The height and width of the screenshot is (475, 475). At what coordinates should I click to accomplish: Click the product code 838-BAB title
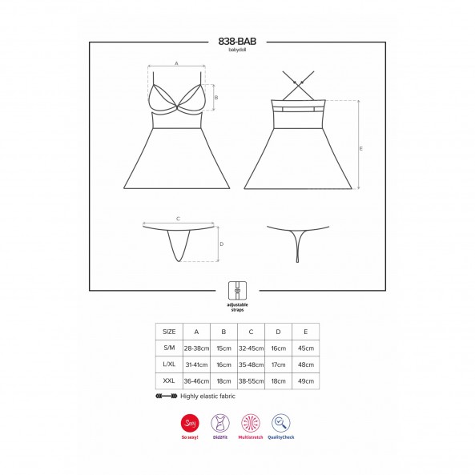pyautogui.click(x=237, y=41)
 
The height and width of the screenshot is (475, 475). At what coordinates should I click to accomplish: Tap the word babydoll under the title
pyautogui.click(x=237, y=50)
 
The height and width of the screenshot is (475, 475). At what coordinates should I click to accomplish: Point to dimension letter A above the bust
pyautogui.click(x=176, y=63)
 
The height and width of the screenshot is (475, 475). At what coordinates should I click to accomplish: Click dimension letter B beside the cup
pyautogui.click(x=216, y=98)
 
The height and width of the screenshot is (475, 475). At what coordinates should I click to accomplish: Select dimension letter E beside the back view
pyautogui.click(x=360, y=148)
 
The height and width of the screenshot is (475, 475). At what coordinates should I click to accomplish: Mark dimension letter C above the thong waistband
pyautogui.click(x=178, y=219)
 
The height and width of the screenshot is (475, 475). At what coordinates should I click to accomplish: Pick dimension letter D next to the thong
pyautogui.click(x=221, y=244)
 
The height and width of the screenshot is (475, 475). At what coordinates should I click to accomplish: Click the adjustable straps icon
pyautogui.click(x=237, y=291)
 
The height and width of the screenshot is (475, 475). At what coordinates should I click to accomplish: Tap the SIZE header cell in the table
pyautogui.click(x=169, y=332)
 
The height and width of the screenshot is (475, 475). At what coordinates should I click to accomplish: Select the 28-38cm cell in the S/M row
pyautogui.click(x=196, y=348)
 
